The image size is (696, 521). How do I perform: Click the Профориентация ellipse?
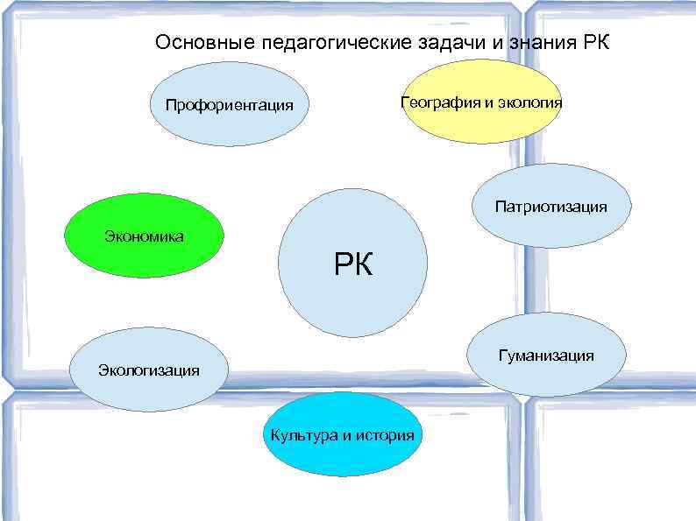click(230, 105)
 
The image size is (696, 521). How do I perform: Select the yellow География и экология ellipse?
click(481, 102)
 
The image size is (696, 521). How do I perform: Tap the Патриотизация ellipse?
click(550, 207)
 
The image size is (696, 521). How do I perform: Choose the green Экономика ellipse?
click(145, 236)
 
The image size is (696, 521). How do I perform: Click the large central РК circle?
click(352, 263)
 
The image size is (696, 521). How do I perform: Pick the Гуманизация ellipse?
click(546, 355)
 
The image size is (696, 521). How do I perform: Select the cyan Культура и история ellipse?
click(343, 434)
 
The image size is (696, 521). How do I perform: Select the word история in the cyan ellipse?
click(385, 435)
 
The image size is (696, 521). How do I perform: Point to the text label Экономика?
click(144, 236)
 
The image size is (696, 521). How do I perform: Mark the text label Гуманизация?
click(546, 356)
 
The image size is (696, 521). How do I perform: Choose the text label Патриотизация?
click(550, 208)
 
